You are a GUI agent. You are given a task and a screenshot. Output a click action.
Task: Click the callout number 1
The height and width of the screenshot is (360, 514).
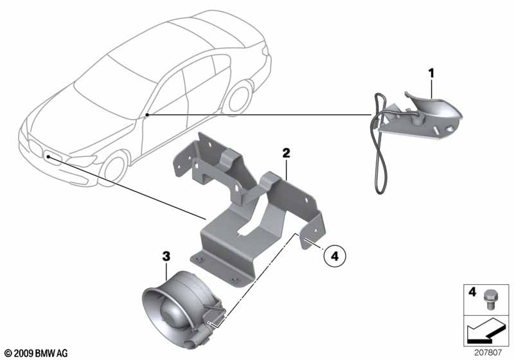click(431, 73)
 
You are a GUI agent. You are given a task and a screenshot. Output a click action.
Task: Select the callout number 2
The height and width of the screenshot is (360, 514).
click(286, 153)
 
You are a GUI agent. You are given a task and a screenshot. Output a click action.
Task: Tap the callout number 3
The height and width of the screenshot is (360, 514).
click(166, 256)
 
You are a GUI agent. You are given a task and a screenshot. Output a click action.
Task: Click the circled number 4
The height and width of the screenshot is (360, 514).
click(334, 255)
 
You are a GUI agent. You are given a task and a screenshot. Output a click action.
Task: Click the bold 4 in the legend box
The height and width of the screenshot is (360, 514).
click(472, 291)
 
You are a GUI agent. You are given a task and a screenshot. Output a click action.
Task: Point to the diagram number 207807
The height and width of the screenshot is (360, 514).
click(488, 353)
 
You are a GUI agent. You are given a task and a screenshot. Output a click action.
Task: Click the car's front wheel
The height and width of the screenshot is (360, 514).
click(115, 169)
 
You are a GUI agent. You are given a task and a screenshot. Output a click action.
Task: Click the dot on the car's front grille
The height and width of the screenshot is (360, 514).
click(48, 157)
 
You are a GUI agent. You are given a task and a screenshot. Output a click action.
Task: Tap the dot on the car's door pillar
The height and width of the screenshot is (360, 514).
click(147, 114)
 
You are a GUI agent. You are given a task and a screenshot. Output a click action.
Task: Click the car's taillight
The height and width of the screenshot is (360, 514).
click(265, 50)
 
